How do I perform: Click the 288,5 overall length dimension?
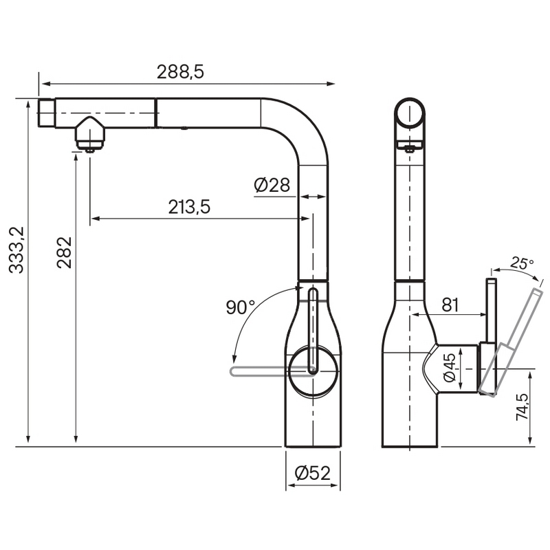pos(180,72)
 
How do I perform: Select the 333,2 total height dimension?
pos(16,250)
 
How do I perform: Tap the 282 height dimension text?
pos(65,252)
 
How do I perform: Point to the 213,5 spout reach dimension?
pos(189,207)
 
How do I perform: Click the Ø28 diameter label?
pos(272,185)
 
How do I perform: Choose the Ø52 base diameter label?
pos(313,473)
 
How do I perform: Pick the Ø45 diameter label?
pos(450,367)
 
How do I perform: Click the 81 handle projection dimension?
pos(450,305)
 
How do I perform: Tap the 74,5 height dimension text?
pos(522,407)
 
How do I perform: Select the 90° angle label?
pos(240,307)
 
